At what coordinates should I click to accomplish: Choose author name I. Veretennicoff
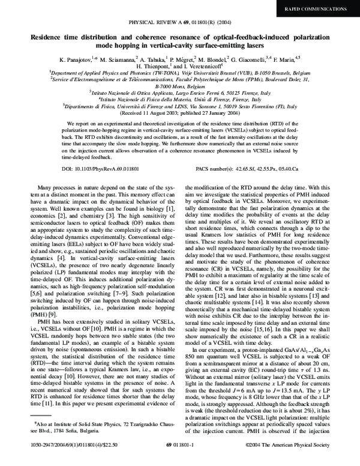203,68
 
